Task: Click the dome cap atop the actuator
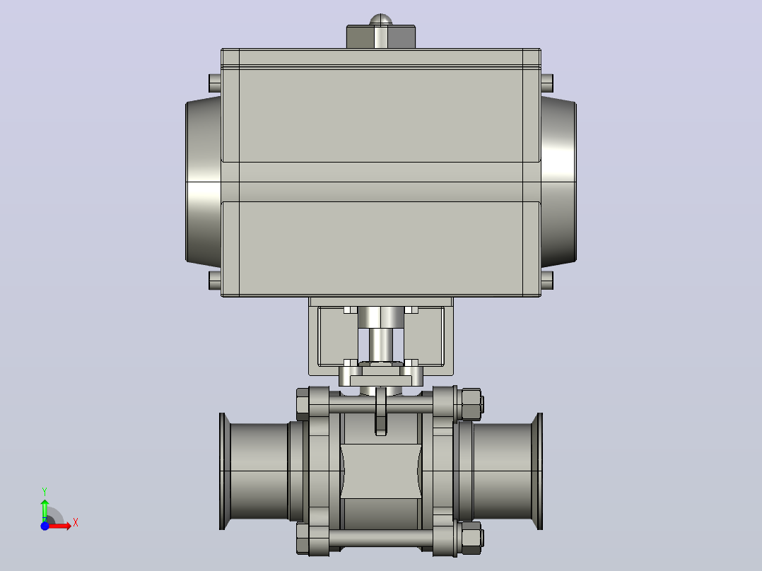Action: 380,20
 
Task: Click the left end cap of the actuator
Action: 204,181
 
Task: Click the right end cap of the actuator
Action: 558,181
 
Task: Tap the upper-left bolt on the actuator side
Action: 215,83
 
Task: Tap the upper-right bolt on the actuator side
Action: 547,83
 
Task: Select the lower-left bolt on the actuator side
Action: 215,281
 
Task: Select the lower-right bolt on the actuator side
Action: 547,281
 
